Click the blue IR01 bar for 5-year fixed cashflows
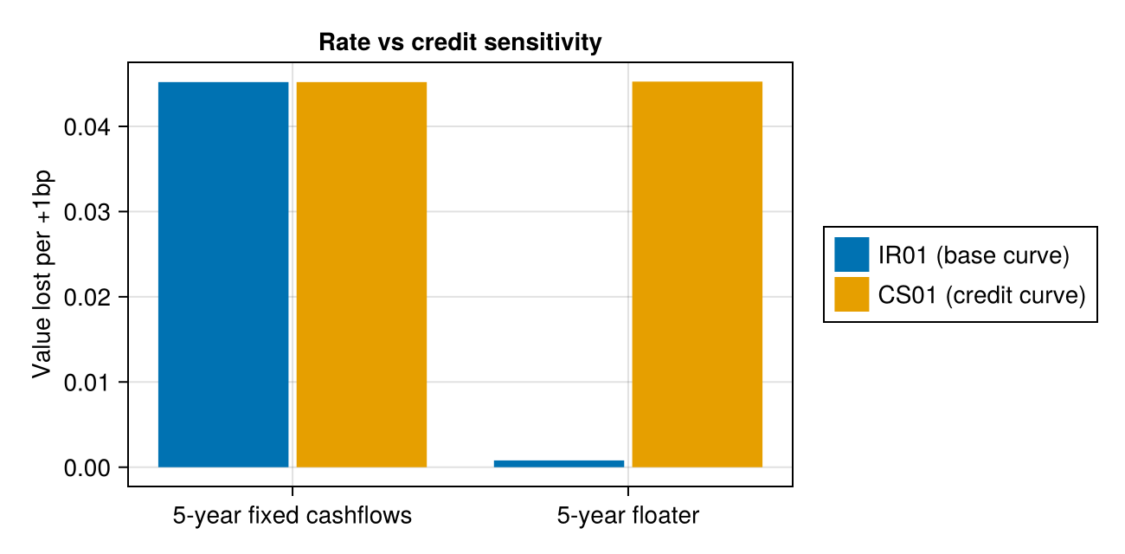click(x=223, y=274)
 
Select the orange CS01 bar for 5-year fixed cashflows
click(x=362, y=274)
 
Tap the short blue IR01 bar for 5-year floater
click(x=559, y=464)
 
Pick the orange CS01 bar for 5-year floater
click(x=697, y=274)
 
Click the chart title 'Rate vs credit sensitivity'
click(x=460, y=42)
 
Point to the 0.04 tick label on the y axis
click(x=87, y=127)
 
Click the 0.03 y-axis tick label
click(x=87, y=212)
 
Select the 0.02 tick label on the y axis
click(x=87, y=297)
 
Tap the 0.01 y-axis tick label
click(x=87, y=383)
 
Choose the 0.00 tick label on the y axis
click(x=87, y=468)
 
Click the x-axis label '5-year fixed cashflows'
click(x=292, y=516)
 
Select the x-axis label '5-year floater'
click(x=627, y=516)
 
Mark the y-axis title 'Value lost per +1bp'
click(x=42, y=274)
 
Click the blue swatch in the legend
click(x=852, y=254)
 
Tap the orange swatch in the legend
click(x=852, y=294)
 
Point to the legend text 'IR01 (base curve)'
click(x=974, y=255)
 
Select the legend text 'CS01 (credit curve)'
click(x=982, y=295)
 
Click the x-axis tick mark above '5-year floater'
click(x=627, y=491)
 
